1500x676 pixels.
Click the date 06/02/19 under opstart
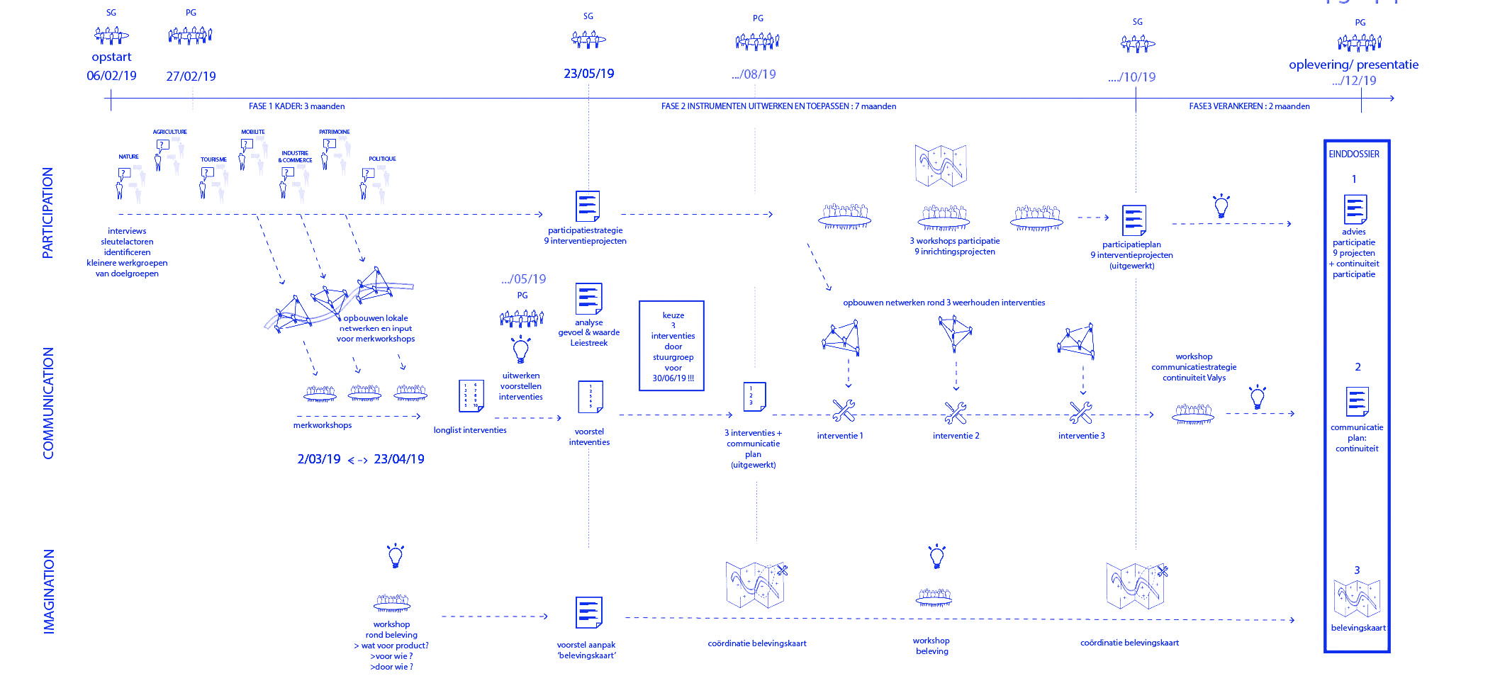click(x=111, y=76)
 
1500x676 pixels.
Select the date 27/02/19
click(x=191, y=77)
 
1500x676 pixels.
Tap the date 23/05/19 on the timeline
click(x=588, y=74)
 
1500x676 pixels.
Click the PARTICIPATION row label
click(x=47, y=213)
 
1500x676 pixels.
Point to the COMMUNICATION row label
click(x=48, y=402)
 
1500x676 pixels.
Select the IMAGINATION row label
click(x=48, y=591)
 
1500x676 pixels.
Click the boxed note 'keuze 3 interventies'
click(x=672, y=346)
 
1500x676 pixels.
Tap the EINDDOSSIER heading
click(x=1354, y=154)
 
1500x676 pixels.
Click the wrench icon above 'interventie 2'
click(x=955, y=412)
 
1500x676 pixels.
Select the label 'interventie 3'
click(x=1081, y=436)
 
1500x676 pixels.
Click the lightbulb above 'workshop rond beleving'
click(x=396, y=556)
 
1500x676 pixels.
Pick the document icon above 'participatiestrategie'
click(x=588, y=206)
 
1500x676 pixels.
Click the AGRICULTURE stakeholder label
click(x=170, y=132)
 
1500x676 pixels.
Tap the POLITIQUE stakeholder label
click(x=382, y=159)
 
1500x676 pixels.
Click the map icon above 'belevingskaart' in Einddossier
click(x=1357, y=598)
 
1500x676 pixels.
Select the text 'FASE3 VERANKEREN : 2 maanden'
click(x=1249, y=106)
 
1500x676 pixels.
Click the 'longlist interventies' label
click(x=470, y=430)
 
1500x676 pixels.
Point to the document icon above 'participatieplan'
click(x=1134, y=220)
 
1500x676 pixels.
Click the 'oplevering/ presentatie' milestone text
click(x=1353, y=64)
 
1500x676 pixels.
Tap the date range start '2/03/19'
click(x=319, y=459)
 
